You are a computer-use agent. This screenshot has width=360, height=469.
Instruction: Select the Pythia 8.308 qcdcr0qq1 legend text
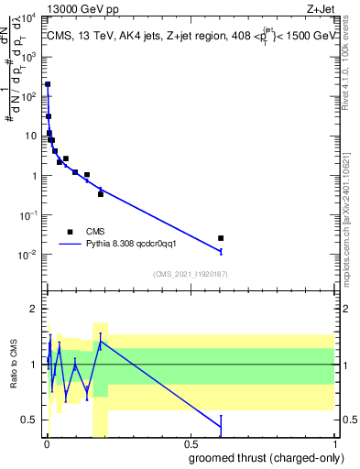pos(136,245)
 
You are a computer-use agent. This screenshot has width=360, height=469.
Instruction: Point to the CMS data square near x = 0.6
pos(221,238)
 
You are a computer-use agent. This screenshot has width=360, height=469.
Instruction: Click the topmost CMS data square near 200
pos(48,84)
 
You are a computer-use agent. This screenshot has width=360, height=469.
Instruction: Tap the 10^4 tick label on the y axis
pos(29,17)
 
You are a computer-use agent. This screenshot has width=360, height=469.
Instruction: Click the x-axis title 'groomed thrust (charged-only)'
pos(262,458)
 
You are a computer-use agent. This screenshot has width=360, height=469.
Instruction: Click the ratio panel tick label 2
pos(36,309)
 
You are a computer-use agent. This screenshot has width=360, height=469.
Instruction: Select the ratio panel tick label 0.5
pos(31,420)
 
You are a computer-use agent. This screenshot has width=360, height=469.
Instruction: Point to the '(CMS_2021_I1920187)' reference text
pos(190,274)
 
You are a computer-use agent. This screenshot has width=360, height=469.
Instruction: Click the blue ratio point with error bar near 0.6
pos(221,426)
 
